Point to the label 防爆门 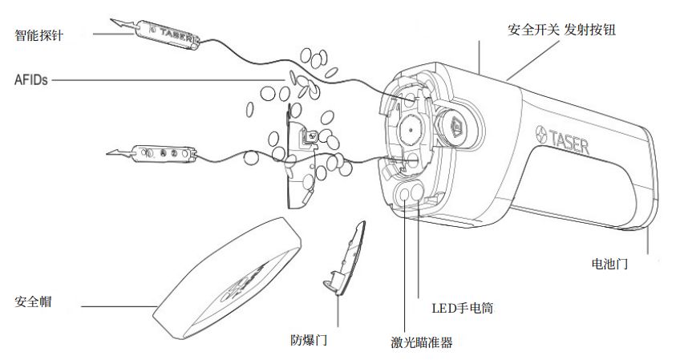pos(309,339)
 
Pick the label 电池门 pos(609,263)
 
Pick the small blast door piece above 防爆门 pos(346,257)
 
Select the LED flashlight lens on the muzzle pos(419,192)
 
